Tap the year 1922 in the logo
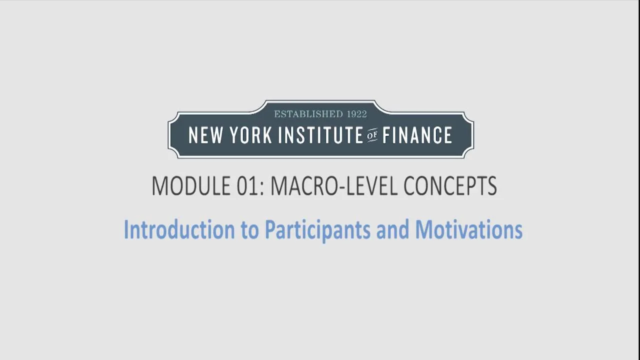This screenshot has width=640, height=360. tap(357, 114)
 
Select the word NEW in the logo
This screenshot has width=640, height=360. tap(205, 135)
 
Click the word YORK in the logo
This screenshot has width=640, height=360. tap(251, 135)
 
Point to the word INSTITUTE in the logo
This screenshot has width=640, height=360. tap(320, 135)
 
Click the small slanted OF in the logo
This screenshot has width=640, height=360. tap(372, 135)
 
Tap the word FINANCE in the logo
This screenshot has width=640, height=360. tap(417, 135)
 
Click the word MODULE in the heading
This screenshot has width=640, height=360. tap(191, 185)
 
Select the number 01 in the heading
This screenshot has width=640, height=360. tap(247, 185)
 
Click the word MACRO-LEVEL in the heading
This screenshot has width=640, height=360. tap(333, 185)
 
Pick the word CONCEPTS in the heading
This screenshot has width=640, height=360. tap(450, 185)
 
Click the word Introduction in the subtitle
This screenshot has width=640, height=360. tap(179, 229)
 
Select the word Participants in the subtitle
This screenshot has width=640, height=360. tap(317, 230)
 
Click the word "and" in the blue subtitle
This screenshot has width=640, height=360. tap(392, 229)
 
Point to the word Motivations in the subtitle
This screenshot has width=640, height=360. tap(469, 229)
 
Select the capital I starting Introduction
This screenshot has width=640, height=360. tap(126, 229)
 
